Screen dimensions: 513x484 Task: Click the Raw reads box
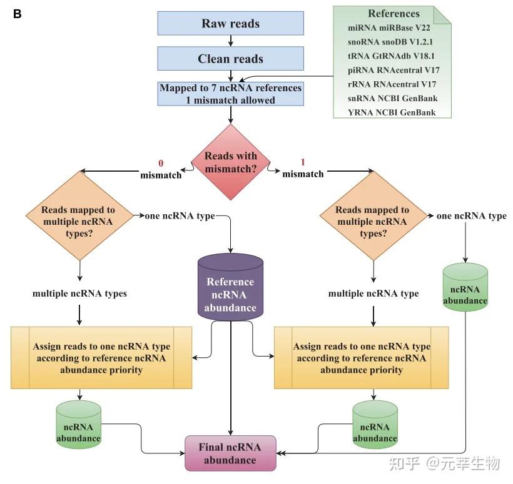tap(231, 23)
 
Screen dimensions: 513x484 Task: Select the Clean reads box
tap(231, 59)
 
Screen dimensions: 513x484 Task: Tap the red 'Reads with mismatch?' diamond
tap(231, 162)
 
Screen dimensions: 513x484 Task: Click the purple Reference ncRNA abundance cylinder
tap(230, 287)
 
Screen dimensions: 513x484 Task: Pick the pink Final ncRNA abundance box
tap(230, 453)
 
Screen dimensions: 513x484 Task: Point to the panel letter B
tap(18, 14)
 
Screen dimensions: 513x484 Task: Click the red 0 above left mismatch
tap(161, 163)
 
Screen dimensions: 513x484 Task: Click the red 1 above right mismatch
tap(303, 162)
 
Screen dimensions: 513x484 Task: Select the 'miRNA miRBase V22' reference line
tap(389, 27)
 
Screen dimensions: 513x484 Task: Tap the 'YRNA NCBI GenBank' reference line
tap(392, 112)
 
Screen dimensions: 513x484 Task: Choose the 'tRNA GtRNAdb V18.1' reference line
tap(391, 56)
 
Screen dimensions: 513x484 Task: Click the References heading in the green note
tap(394, 13)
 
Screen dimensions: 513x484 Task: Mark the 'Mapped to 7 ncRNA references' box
tap(231, 94)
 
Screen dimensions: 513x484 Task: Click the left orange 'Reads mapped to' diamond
tap(79, 216)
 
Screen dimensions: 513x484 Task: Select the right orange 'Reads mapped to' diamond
tap(373, 216)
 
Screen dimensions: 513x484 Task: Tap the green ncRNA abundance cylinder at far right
tap(465, 287)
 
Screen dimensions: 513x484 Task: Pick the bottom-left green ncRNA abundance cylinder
tap(79, 425)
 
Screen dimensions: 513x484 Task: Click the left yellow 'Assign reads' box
tap(101, 358)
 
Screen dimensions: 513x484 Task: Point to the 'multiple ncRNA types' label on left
tap(79, 294)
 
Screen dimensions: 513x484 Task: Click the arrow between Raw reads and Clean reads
tap(231, 41)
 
